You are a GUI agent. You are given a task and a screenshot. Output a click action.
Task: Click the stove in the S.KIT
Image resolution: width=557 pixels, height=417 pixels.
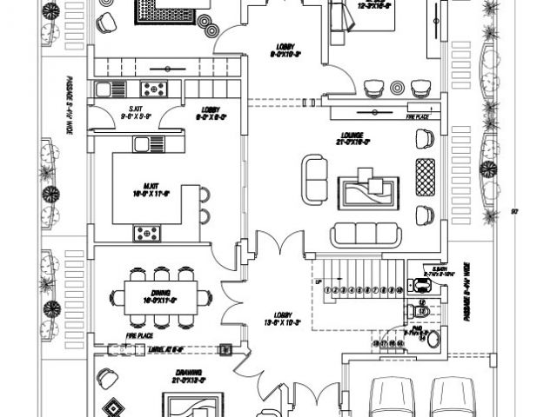[156, 88]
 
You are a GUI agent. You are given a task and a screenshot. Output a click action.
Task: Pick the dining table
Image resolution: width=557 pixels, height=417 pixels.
[160, 296]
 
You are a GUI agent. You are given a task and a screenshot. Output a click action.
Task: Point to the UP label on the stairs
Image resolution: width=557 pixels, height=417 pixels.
[319, 282]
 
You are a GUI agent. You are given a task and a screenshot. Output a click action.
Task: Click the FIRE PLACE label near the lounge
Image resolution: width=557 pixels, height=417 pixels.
[419, 116]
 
